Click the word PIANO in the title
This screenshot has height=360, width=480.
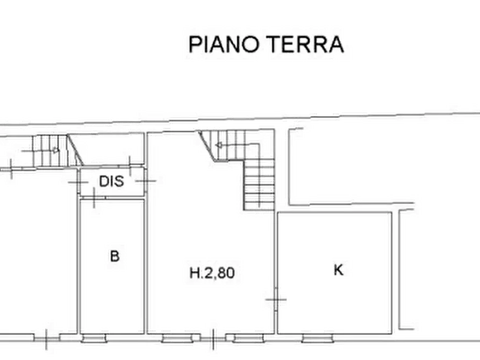(x=224, y=45)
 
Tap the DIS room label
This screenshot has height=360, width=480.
(x=111, y=181)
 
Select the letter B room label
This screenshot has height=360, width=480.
(x=114, y=256)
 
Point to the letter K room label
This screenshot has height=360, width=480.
(x=338, y=270)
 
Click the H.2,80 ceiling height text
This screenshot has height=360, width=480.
(x=212, y=273)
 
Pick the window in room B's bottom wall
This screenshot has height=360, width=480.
(x=94, y=339)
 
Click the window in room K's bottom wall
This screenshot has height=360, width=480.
(x=317, y=339)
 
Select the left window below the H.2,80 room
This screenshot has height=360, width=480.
(x=177, y=339)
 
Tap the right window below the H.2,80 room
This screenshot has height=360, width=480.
(x=248, y=339)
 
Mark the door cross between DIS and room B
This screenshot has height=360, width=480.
(x=94, y=198)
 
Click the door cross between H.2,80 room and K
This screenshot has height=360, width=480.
(x=276, y=299)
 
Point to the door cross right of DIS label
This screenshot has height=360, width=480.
(x=146, y=181)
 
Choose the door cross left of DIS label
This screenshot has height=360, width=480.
(x=78, y=183)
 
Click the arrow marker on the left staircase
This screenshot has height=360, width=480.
(x=55, y=150)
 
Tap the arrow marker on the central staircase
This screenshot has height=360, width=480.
(x=219, y=145)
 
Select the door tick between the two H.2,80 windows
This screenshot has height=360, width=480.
(x=213, y=339)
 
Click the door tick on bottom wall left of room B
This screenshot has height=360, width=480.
(x=46, y=339)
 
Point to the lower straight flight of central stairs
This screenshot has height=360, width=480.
(x=259, y=185)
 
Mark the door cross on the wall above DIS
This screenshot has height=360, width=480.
(x=130, y=166)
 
